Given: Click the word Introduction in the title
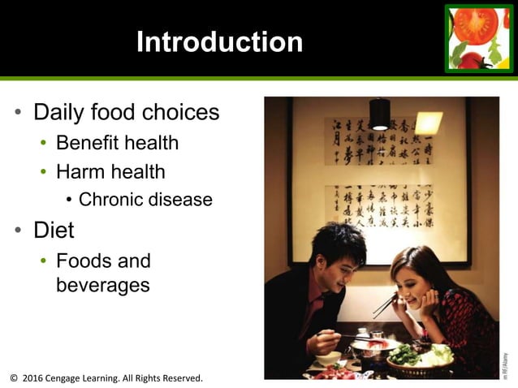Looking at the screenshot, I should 219,42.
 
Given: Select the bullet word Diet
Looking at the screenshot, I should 54,231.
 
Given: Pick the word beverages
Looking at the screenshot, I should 103,286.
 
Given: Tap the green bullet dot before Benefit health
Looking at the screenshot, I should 44,144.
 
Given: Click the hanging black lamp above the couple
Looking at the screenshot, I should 379,114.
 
